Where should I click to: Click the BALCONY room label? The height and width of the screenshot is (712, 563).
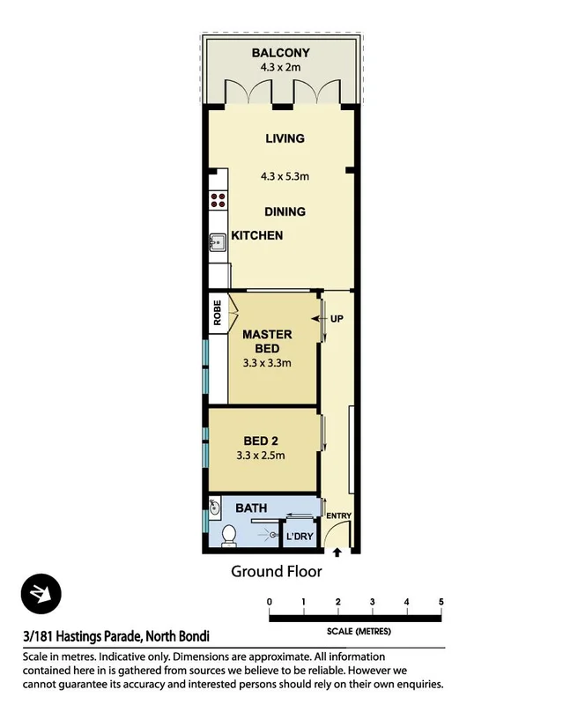coord(281,53)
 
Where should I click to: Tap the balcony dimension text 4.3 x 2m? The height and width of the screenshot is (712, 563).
coord(281,66)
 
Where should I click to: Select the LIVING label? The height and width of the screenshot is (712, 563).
coord(285,138)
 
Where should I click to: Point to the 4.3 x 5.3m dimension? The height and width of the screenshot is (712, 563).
coord(285,176)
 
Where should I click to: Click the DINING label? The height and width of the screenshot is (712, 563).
coord(285,211)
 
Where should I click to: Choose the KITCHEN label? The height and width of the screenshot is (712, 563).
coord(257,235)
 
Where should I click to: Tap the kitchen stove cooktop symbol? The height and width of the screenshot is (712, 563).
coord(217,201)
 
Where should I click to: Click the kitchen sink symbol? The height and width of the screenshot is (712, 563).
coord(216,241)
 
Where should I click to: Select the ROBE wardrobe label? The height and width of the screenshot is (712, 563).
coord(216,314)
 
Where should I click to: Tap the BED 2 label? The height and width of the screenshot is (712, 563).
coord(261,441)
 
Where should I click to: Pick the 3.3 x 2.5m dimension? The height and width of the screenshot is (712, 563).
coord(261,456)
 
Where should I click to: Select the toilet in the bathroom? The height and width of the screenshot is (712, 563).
coord(229,534)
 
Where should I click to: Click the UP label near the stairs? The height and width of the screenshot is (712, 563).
coord(336,318)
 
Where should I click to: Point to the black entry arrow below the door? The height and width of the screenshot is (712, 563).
coord(337,553)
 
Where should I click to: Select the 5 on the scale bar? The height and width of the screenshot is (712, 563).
coord(441,602)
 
